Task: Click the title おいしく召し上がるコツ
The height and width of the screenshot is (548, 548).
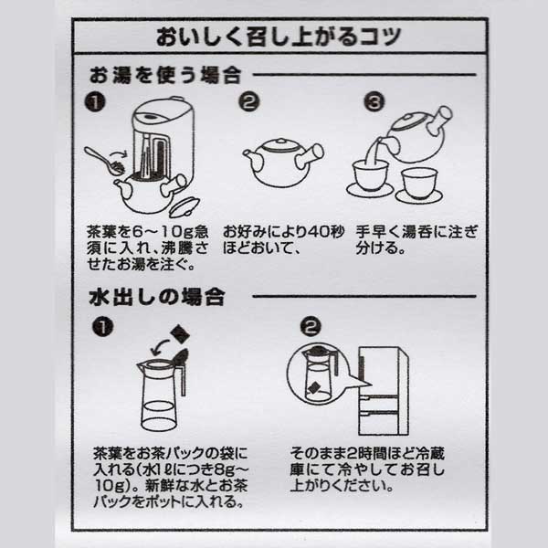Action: tap(273, 39)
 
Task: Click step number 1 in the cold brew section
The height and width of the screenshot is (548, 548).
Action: tap(103, 324)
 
